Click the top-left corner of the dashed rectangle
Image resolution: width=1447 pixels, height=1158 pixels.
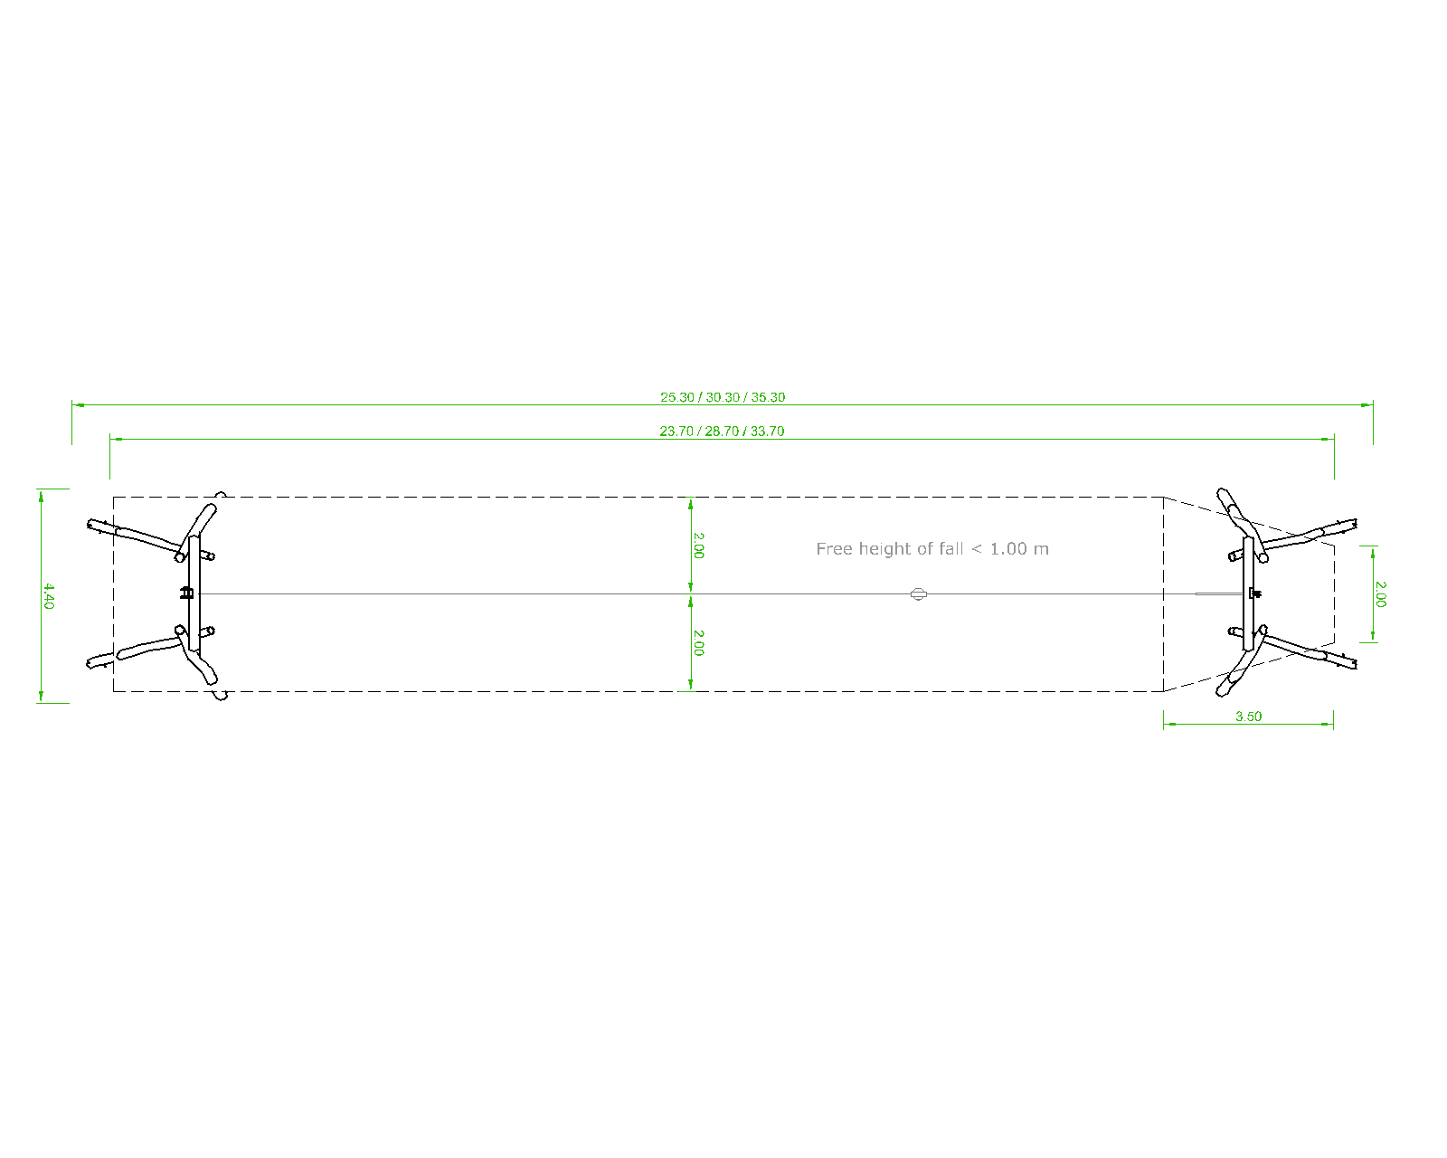114,498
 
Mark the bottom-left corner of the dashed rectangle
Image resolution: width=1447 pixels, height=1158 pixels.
114,691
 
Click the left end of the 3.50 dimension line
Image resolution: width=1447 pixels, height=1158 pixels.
1164,724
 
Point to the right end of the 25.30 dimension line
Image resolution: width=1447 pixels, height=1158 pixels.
1373,405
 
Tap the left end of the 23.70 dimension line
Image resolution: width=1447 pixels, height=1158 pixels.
110,440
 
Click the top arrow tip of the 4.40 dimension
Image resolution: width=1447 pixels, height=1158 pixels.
41,491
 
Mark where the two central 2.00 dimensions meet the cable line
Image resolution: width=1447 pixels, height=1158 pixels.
691,594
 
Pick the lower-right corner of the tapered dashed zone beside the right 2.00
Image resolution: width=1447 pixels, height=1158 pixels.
1335,642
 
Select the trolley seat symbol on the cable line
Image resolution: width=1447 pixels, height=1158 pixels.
919,594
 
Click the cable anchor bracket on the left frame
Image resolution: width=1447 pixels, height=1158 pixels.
187,593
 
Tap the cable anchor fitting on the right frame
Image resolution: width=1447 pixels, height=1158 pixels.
1254,593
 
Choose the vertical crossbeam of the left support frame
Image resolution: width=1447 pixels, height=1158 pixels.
194,593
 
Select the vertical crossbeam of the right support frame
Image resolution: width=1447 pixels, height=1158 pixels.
1249,593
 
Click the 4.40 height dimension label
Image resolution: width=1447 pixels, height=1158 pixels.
49,596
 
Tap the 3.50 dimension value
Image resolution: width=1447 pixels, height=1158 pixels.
1249,717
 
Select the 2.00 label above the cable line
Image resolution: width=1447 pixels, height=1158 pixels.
698,546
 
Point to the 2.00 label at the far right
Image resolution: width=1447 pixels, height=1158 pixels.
1380,594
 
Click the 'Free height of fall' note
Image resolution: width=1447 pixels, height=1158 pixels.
932,549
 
